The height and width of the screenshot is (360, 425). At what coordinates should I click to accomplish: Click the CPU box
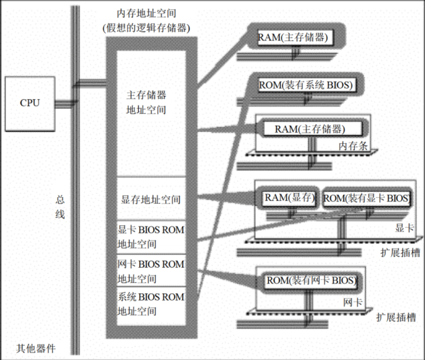pos(30,103)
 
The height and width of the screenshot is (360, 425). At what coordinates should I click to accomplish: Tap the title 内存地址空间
pos(146,12)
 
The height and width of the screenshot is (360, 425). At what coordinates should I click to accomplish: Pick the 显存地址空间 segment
pos(151,200)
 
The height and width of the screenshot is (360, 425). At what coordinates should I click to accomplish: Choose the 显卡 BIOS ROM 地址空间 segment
pos(151,237)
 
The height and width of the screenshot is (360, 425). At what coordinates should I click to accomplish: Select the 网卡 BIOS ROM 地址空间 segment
pos(151,271)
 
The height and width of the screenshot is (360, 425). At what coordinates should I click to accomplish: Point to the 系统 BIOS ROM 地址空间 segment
pos(151,304)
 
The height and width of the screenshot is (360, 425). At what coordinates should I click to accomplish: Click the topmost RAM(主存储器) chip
pos(293,38)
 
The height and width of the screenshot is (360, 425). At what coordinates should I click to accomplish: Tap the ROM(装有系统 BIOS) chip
pos(305,85)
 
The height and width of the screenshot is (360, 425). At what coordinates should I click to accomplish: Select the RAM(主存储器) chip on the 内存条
pos(309,129)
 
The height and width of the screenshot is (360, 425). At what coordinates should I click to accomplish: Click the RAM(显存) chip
pos(289,198)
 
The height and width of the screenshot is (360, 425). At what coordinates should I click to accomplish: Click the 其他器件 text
pos(36,349)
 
